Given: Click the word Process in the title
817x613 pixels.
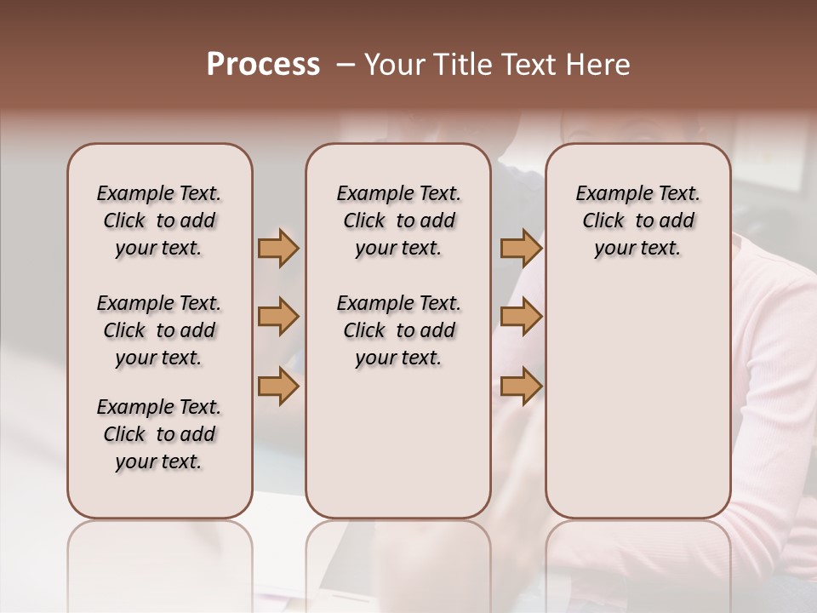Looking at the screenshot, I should tap(263, 65).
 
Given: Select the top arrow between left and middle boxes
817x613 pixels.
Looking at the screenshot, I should tap(278, 248).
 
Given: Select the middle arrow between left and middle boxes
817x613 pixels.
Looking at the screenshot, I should tap(278, 317).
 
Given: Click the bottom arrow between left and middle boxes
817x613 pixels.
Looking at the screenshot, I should tap(278, 387).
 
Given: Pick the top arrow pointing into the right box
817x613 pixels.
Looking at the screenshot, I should tap(521, 248).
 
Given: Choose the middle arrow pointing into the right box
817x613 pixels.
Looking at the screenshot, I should tap(521, 317).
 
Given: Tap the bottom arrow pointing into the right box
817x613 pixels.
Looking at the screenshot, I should tap(521, 387).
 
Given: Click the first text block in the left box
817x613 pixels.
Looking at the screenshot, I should tap(159, 221).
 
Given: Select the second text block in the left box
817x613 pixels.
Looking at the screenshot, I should tap(159, 330).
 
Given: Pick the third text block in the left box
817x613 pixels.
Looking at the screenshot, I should tap(159, 434).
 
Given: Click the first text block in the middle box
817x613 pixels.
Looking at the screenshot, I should tap(398, 221).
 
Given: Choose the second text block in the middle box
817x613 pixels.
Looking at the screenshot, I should tap(398, 330).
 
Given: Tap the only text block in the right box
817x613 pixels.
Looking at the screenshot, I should tap(637, 221).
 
